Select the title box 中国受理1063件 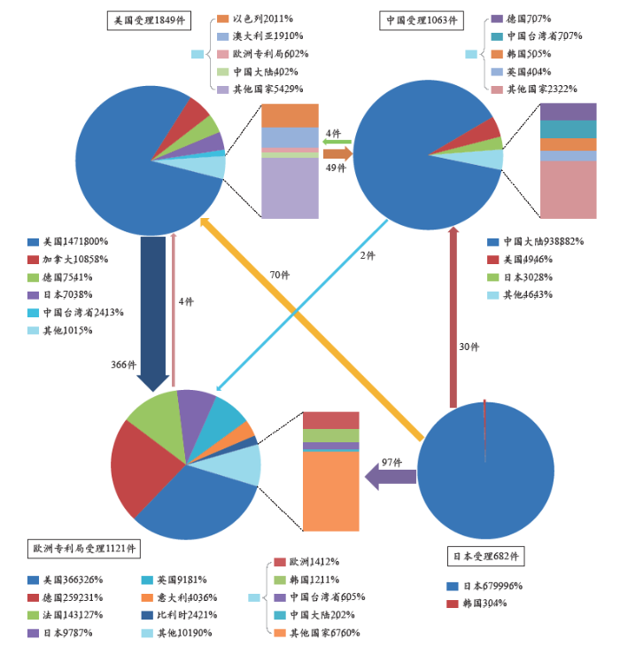click(x=423, y=19)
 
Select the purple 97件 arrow click(x=390, y=477)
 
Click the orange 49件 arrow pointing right click(x=338, y=154)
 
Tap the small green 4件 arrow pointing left click(x=336, y=141)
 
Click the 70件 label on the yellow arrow click(x=280, y=276)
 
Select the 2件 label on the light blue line click(x=367, y=255)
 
